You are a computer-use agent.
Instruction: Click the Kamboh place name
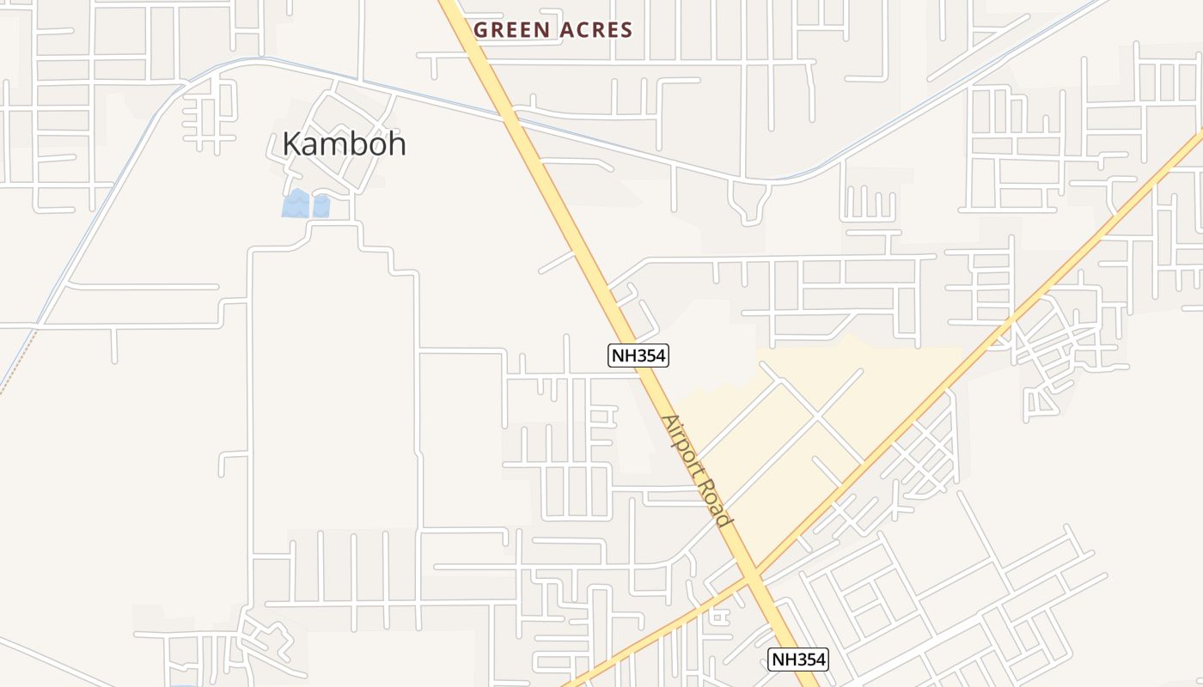click(x=344, y=143)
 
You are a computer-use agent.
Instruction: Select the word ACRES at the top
click(x=596, y=30)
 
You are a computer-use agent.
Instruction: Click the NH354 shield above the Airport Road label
click(x=638, y=355)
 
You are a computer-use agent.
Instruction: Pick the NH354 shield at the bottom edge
click(x=798, y=660)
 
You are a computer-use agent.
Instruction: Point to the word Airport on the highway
click(x=685, y=447)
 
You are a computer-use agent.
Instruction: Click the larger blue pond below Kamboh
click(x=296, y=204)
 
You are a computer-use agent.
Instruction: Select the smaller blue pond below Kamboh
click(x=321, y=206)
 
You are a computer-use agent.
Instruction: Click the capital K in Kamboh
click(x=292, y=143)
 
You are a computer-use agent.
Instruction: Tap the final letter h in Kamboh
click(x=397, y=143)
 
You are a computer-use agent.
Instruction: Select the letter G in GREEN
click(x=481, y=30)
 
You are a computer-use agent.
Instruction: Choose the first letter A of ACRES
click(x=565, y=30)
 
